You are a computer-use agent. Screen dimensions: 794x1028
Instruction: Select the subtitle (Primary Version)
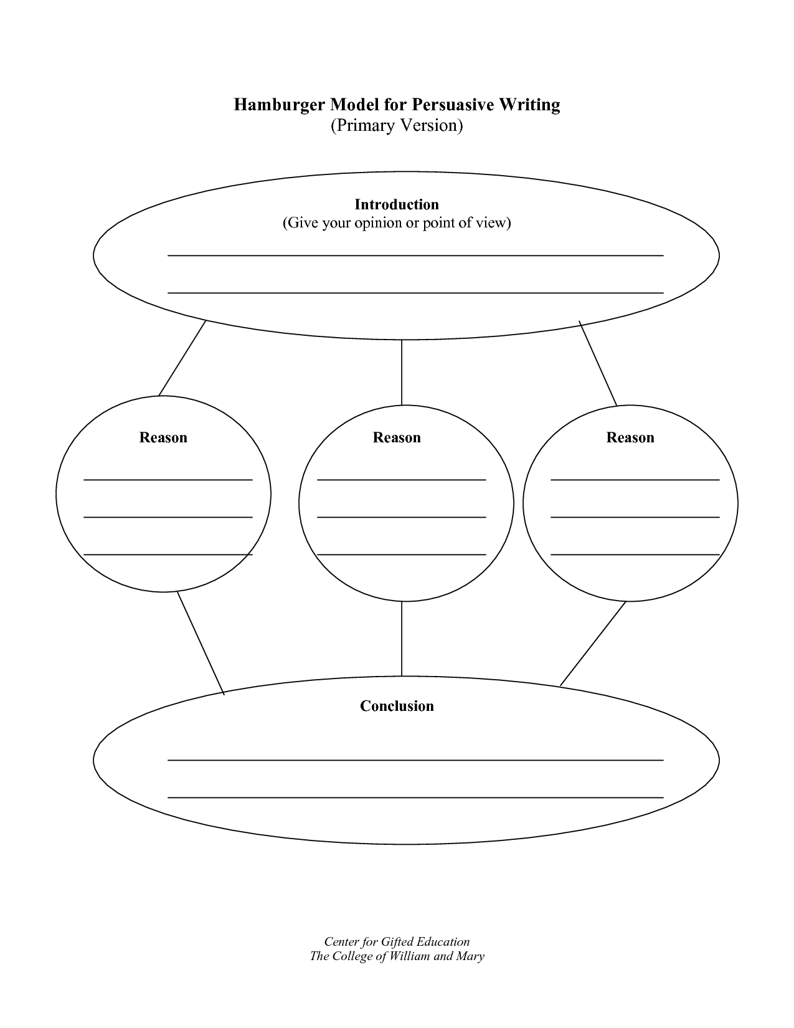click(396, 126)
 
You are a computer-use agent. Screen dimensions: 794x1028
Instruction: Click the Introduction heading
click(397, 204)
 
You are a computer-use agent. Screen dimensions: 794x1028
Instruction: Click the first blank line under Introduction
click(415, 255)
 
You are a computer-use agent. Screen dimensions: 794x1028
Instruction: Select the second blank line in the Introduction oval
click(415, 293)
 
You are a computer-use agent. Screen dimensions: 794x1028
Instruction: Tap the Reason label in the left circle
click(163, 437)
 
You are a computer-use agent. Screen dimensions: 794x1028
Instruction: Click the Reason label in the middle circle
click(397, 437)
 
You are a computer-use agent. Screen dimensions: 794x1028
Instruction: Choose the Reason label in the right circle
click(630, 437)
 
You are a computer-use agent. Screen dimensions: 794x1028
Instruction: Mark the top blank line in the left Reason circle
click(168, 480)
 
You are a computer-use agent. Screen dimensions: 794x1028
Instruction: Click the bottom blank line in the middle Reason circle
click(402, 554)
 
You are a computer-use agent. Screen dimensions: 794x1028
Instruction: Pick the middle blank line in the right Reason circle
click(635, 517)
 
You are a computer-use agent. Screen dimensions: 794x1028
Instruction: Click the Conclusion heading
click(397, 706)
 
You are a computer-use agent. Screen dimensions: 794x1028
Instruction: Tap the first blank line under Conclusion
click(415, 760)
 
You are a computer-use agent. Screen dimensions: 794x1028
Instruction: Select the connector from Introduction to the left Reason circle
click(182, 358)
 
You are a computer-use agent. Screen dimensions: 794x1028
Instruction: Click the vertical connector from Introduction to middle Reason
click(402, 373)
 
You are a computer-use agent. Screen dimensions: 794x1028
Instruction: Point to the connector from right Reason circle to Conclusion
click(593, 644)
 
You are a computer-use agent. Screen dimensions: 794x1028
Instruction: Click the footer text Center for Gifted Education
click(397, 941)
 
